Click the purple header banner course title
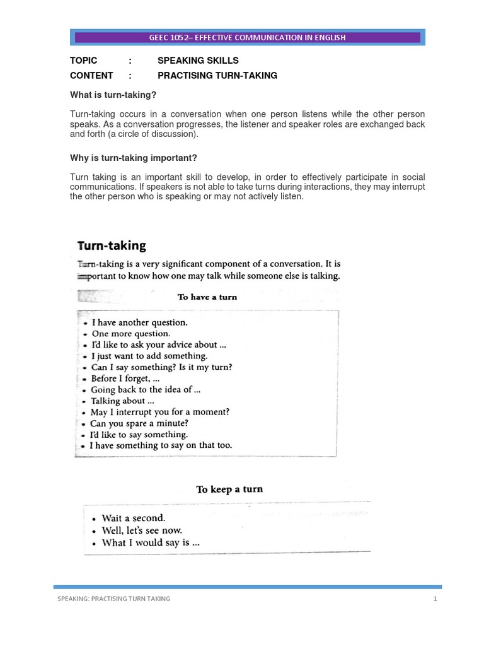[247, 37]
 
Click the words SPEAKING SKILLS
[198, 61]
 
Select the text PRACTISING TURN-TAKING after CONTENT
[217, 76]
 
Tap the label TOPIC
[84, 61]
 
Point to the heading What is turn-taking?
[113, 95]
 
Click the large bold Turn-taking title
[112, 245]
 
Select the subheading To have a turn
[207, 297]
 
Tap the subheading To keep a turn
[229, 489]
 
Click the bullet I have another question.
[139, 322]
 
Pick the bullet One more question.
[131, 333]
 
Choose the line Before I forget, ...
[124, 379]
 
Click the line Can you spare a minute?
[139, 423]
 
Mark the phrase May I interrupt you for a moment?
[160, 412]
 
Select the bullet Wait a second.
[134, 518]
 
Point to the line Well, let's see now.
[142, 530]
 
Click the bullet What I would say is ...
[151, 543]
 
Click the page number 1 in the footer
[435, 599]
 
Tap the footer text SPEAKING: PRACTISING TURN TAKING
[113, 599]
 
